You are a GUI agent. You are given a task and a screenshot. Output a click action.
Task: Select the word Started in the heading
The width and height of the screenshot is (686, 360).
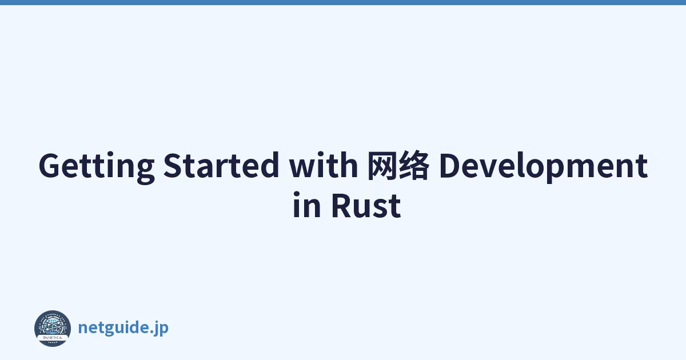(x=221, y=165)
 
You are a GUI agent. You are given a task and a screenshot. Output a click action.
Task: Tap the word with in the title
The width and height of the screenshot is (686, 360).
(x=324, y=165)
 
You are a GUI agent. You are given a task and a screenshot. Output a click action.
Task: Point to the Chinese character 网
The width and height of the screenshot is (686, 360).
(x=382, y=165)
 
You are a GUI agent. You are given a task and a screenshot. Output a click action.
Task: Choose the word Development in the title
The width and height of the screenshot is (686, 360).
(x=543, y=167)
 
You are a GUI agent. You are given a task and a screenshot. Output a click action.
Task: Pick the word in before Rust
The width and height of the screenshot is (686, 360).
(x=307, y=205)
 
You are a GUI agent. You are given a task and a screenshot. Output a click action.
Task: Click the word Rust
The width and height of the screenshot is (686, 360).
(x=366, y=205)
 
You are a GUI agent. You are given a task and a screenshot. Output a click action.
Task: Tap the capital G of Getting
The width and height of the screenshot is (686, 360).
(x=51, y=165)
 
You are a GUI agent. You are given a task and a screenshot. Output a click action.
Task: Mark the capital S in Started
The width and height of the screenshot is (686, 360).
(x=173, y=165)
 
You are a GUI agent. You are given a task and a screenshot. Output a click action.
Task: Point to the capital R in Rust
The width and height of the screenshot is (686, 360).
(x=342, y=205)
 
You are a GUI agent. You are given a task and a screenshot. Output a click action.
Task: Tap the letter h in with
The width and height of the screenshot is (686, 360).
(x=349, y=165)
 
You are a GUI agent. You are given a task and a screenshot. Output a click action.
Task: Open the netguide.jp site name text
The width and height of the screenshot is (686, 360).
(x=123, y=328)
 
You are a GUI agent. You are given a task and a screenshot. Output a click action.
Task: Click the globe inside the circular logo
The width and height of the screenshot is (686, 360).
(x=53, y=326)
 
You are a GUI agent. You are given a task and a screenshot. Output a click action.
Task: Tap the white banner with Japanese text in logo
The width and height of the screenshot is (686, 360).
(x=53, y=337)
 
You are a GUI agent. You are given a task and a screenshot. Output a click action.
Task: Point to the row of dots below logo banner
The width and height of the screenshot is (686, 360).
(x=53, y=342)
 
